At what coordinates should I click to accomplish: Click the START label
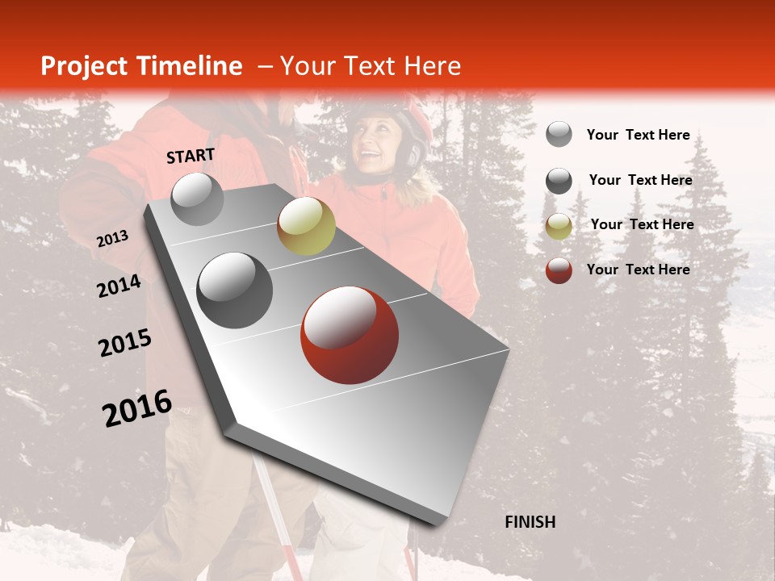pyautogui.click(x=191, y=156)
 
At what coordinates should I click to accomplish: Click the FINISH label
pyautogui.click(x=530, y=522)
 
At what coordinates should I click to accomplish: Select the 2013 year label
pyautogui.click(x=112, y=239)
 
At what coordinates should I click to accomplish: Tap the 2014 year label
pyautogui.click(x=119, y=286)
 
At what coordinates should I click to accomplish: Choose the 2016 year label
pyautogui.click(x=136, y=408)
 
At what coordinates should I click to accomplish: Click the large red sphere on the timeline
pyautogui.click(x=349, y=335)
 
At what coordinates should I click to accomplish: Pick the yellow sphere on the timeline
pyautogui.click(x=306, y=225)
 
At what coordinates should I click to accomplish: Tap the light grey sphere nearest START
pyautogui.click(x=197, y=199)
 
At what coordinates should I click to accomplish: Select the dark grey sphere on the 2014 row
pyautogui.click(x=234, y=290)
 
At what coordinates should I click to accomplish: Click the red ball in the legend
pyautogui.click(x=558, y=270)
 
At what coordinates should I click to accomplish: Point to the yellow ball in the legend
pyautogui.click(x=558, y=226)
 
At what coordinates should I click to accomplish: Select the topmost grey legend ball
pyautogui.click(x=558, y=134)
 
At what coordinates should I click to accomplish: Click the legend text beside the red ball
pyautogui.click(x=638, y=270)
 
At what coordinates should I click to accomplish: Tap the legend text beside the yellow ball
pyautogui.click(x=642, y=224)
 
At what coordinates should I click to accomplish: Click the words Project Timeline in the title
pyautogui.click(x=141, y=66)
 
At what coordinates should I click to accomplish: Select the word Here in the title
pyautogui.click(x=432, y=66)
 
